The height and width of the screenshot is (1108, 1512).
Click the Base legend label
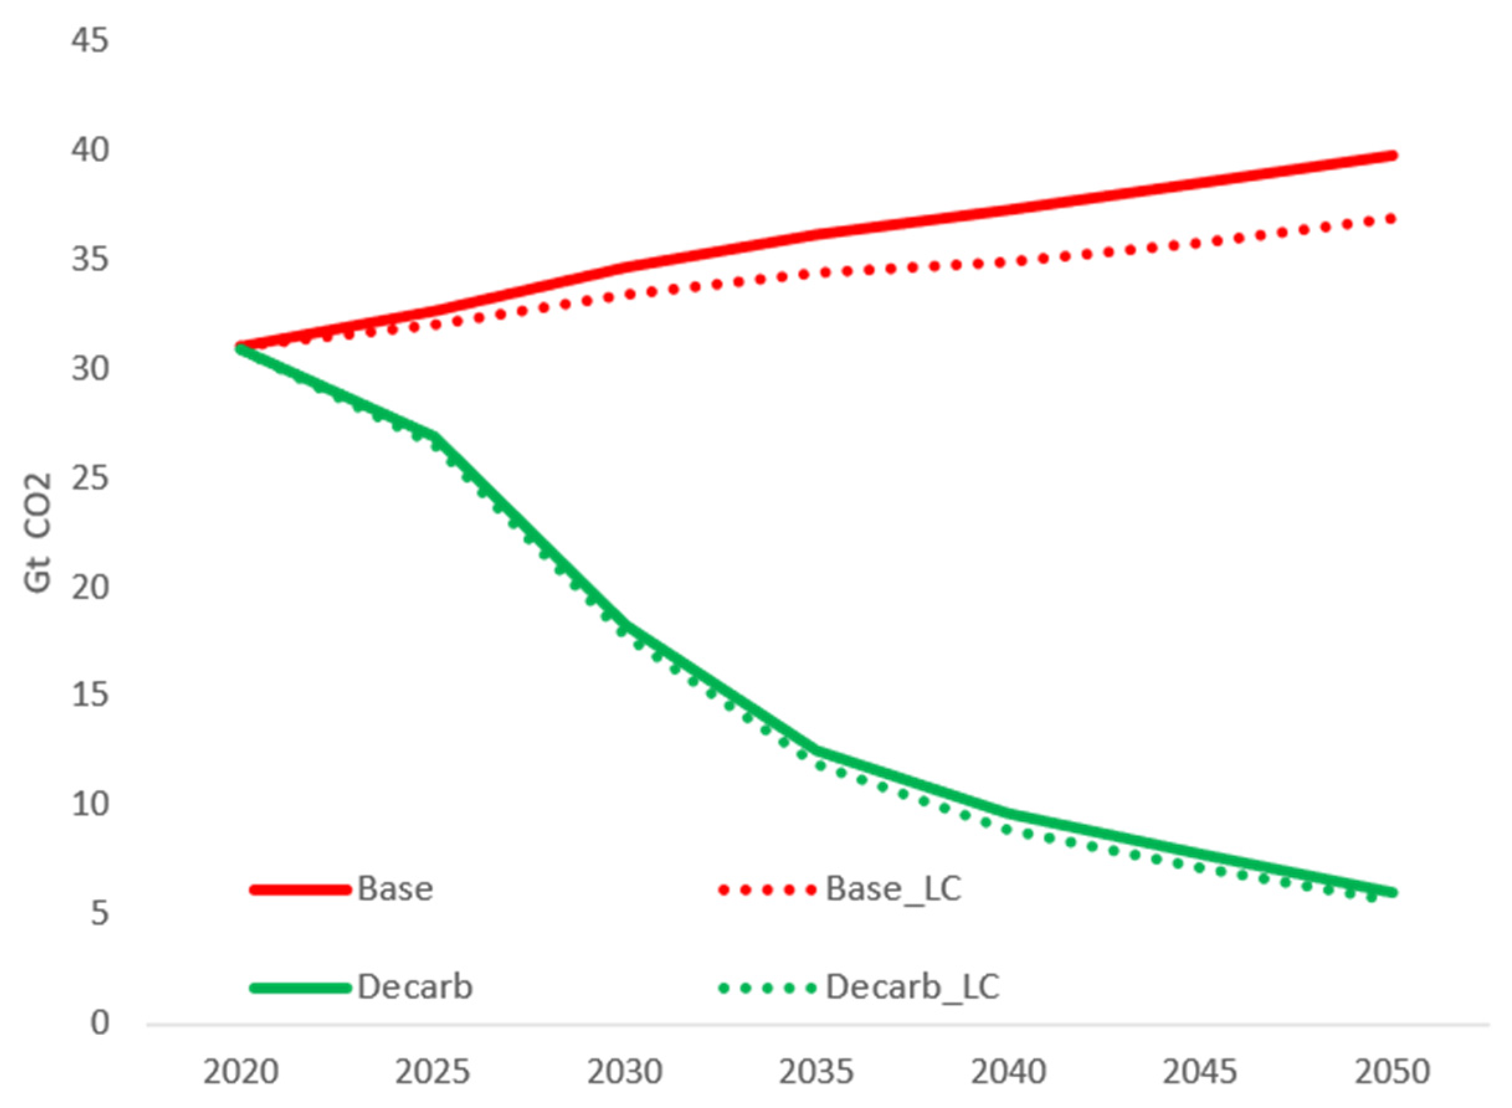point(394,889)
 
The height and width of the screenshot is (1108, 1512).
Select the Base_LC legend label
point(893,889)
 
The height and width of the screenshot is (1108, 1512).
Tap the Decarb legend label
point(415,986)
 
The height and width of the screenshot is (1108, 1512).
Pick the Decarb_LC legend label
point(912,986)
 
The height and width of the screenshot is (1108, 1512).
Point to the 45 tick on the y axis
point(90,42)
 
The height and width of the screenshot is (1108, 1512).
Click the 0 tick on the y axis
point(99,1023)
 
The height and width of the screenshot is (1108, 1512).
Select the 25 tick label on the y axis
point(90,478)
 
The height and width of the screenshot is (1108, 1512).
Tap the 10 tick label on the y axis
point(90,804)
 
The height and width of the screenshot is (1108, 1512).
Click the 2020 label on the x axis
point(240,1072)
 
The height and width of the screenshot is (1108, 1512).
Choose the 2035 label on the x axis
point(816,1072)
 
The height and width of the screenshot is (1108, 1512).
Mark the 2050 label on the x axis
point(1392,1072)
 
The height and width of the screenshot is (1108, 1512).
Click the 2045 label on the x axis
point(1200,1072)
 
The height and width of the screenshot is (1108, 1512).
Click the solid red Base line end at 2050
point(1393,156)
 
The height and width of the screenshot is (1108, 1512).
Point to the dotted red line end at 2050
point(1392,218)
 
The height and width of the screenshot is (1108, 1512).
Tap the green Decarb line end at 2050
point(1393,892)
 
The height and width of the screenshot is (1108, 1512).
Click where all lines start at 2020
point(240,348)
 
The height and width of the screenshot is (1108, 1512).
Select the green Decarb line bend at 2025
point(435,437)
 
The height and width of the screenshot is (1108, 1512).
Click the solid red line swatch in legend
point(300,890)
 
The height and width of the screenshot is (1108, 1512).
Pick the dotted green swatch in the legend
point(767,988)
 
